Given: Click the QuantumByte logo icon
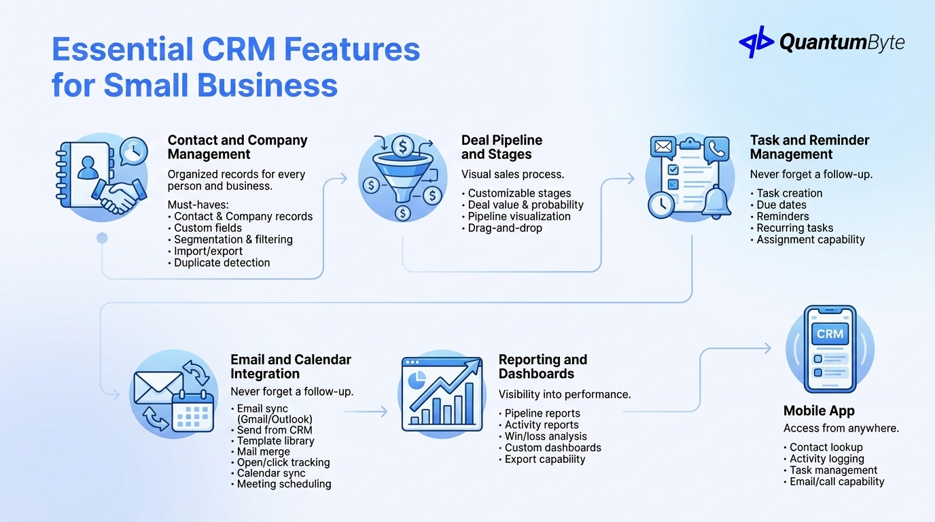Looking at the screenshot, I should coord(756,41).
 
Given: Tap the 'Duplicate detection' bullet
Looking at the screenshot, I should coord(222,263).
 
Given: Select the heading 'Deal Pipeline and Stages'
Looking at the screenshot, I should coord(501,147).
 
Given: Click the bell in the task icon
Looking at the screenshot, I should coord(716,203).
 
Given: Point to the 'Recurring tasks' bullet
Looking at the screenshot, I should coord(794,228).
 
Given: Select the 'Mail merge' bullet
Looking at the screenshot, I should coord(263,452).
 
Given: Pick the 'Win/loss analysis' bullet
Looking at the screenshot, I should coord(546,437).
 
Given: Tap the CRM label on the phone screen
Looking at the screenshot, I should coord(830,334).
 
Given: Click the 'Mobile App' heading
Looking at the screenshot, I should coord(819,411).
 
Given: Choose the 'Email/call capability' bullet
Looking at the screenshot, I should coord(836,482).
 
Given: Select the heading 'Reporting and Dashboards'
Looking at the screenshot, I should coord(542,367).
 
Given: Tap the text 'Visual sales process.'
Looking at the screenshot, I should coord(512,175).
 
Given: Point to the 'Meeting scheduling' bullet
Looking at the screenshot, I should coord(284,485).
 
